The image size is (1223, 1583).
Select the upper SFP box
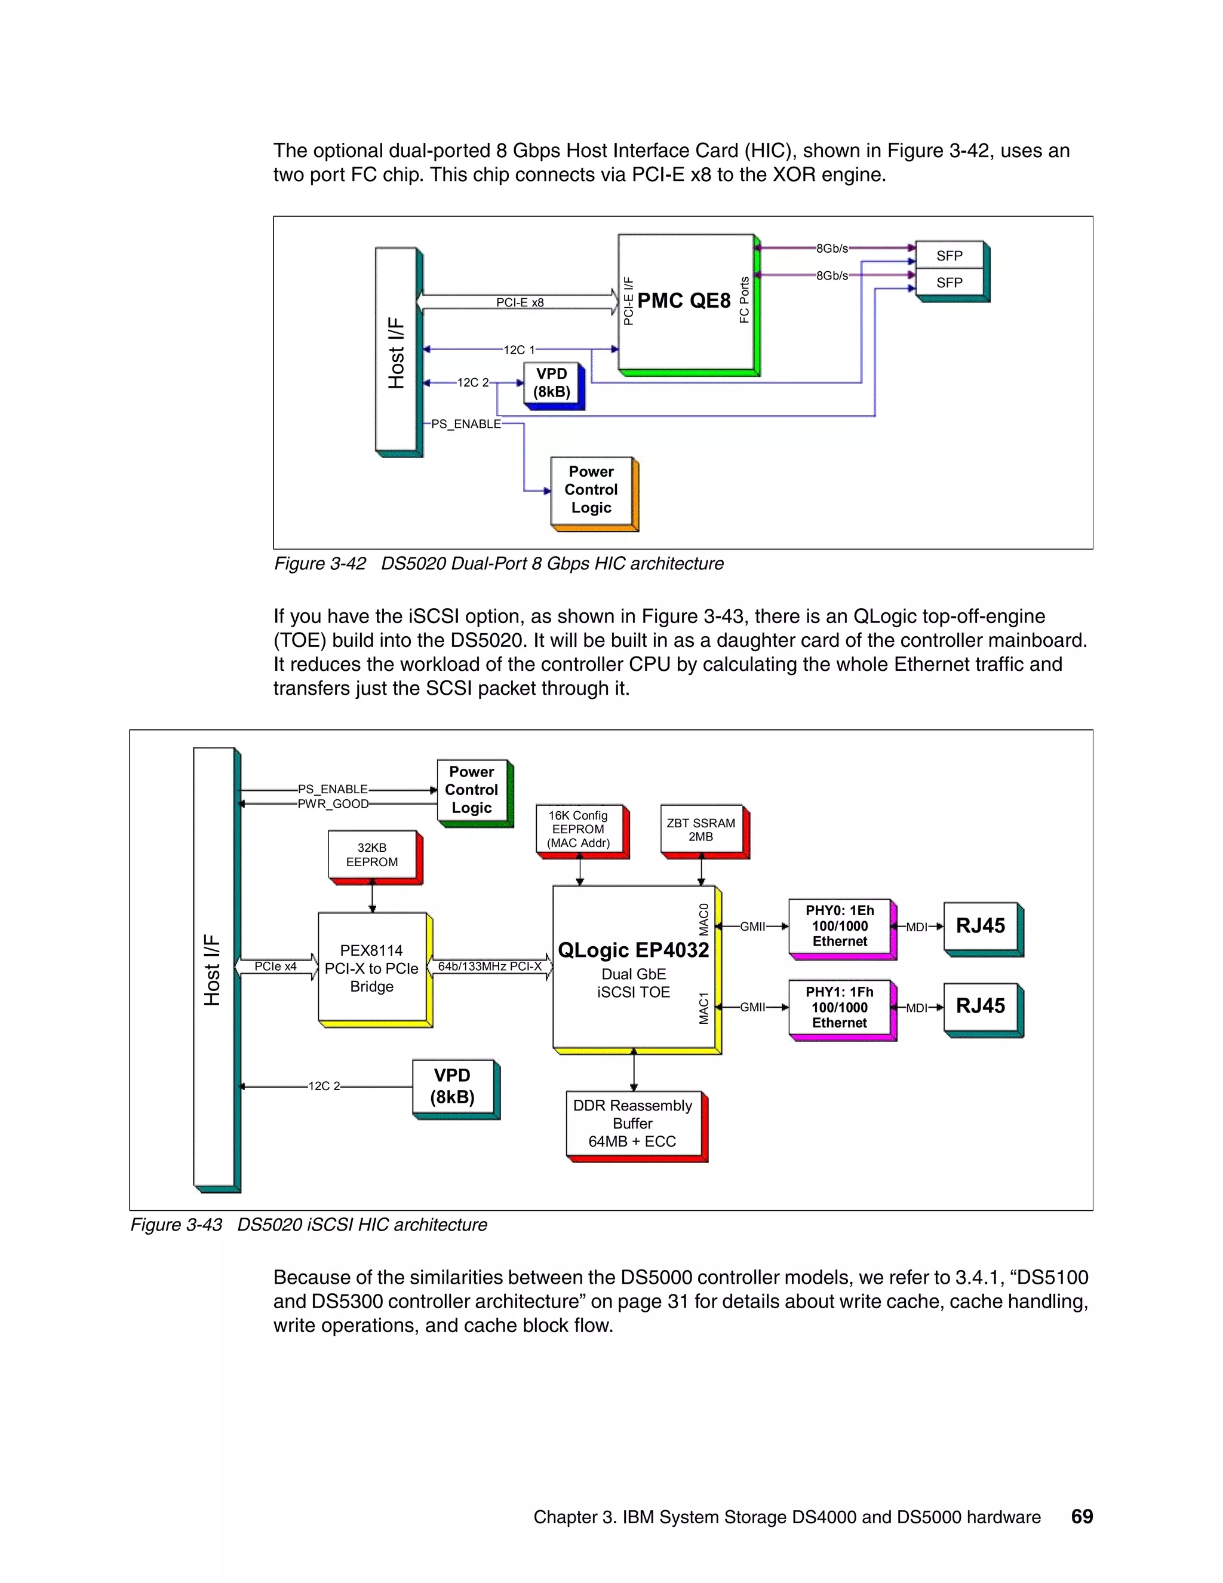pyautogui.click(x=949, y=256)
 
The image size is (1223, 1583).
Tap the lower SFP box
pyautogui.click(x=949, y=283)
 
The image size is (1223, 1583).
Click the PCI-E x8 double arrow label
pyautogui.click(x=520, y=302)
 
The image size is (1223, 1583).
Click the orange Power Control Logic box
pyautogui.click(x=591, y=490)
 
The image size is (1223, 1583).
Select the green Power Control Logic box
pyautogui.click(x=472, y=790)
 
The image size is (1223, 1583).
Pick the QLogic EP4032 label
pyautogui.click(x=633, y=950)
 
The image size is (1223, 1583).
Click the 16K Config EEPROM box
pyautogui.click(x=578, y=829)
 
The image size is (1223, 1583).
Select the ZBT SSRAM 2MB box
pyautogui.click(x=700, y=829)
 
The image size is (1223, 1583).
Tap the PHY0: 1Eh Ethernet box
pyautogui.click(x=840, y=927)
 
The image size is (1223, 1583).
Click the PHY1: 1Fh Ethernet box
pyautogui.click(x=840, y=1008)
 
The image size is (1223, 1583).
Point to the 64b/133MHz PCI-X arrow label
pyautogui.click(x=490, y=966)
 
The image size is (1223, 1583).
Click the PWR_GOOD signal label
pyautogui.click(x=333, y=804)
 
